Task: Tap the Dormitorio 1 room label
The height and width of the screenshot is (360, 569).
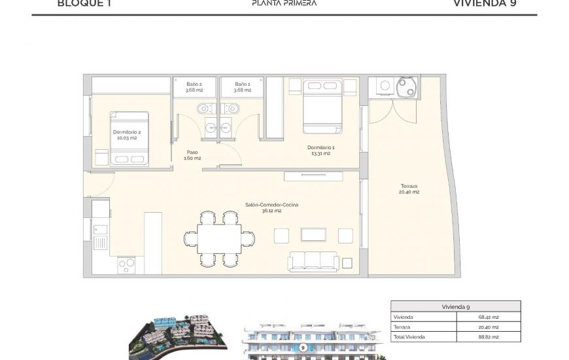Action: click(x=320, y=151)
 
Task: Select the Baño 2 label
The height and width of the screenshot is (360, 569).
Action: click(x=194, y=87)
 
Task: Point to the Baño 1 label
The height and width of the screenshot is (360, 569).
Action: click(x=242, y=87)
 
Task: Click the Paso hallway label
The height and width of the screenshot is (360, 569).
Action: click(x=192, y=155)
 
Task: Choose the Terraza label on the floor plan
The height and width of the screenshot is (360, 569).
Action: click(x=409, y=189)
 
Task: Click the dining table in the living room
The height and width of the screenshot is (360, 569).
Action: click(x=219, y=239)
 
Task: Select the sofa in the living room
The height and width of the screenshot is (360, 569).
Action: click(x=313, y=261)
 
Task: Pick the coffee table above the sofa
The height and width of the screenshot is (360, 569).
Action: click(x=313, y=234)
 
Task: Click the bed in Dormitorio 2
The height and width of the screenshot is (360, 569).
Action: click(x=129, y=138)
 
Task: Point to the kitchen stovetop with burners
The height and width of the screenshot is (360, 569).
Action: click(x=126, y=265)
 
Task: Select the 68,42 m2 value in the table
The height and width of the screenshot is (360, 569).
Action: click(x=488, y=317)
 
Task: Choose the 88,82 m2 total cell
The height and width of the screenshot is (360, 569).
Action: click(x=488, y=336)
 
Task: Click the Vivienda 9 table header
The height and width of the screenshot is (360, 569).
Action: click(x=455, y=306)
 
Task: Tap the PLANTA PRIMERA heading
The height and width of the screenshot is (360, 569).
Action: click(x=284, y=3)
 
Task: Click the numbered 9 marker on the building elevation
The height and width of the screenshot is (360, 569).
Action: click(x=303, y=347)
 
